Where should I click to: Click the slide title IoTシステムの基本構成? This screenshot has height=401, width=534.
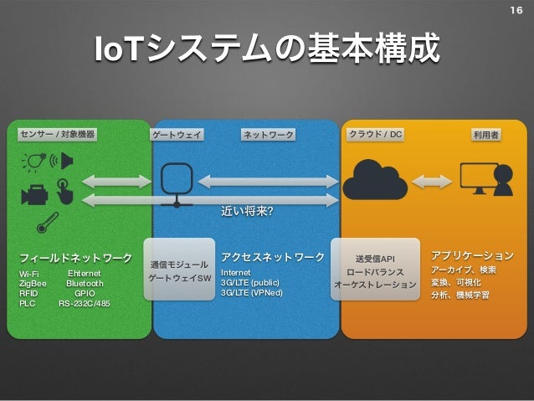tap(267, 49)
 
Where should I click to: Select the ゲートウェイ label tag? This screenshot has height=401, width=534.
tap(177, 134)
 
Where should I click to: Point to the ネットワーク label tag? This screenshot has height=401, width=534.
tap(268, 134)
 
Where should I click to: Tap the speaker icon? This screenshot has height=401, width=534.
tap(67, 160)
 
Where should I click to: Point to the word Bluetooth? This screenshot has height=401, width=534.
tap(85, 283)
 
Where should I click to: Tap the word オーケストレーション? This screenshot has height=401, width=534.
tap(375, 285)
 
